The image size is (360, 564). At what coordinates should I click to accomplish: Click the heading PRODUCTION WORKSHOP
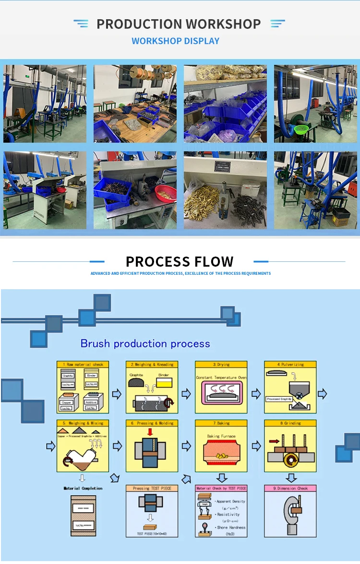click(179, 24)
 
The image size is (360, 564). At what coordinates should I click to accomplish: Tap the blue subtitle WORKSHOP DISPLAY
click(175, 41)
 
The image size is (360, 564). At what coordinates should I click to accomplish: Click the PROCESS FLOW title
click(180, 262)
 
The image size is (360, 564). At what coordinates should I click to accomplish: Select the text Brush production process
click(145, 343)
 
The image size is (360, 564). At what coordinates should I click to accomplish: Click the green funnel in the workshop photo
click(301, 130)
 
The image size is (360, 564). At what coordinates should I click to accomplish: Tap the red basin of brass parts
click(166, 192)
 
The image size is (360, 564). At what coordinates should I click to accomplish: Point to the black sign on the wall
click(222, 166)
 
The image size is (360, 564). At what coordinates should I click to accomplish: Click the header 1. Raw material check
click(83, 365)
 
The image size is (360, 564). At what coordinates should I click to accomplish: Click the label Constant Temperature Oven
click(221, 378)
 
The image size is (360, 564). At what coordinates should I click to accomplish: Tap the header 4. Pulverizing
click(290, 365)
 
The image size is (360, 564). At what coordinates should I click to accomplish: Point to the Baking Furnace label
click(221, 436)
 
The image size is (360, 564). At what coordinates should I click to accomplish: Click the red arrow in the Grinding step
click(274, 440)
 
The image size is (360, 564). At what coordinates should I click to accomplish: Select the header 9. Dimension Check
click(290, 488)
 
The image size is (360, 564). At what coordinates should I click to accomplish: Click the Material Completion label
click(83, 488)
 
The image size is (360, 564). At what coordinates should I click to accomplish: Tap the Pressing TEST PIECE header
click(152, 488)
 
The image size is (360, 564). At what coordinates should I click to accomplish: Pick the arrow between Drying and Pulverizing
click(256, 394)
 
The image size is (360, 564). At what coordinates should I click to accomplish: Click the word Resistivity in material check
click(228, 514)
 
